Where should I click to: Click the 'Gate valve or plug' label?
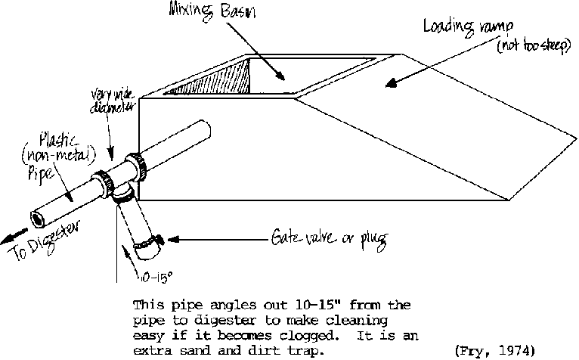[329, 240]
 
